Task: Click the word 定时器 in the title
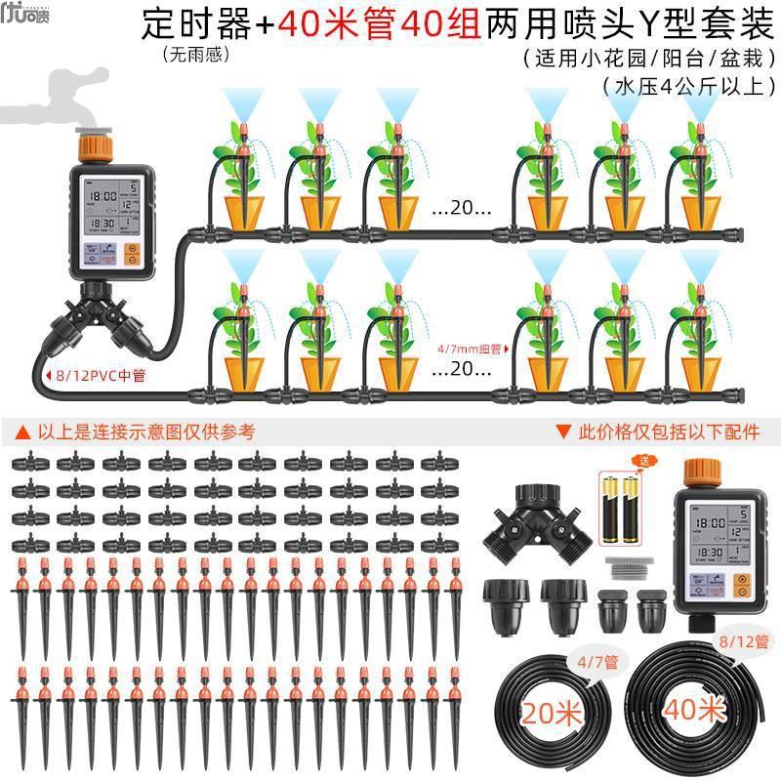[x=199, y=22]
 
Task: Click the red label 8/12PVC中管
[x=96, y=374]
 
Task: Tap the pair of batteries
[x=616, y=507]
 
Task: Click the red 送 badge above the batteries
[x=616, y=461]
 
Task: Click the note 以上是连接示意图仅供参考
[x=133, y=430]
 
